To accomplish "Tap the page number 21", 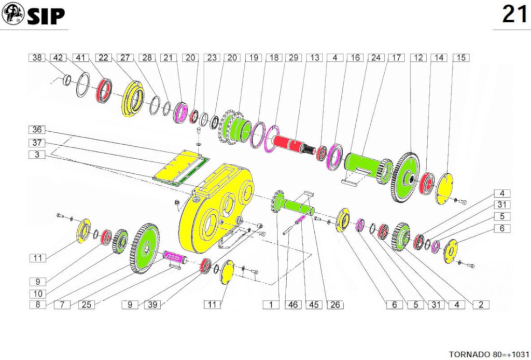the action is point(514,14).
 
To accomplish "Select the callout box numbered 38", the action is point(37,58).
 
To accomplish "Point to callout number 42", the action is point(58,58).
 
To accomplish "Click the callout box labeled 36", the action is point(37,129).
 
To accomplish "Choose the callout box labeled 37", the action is point(37,143).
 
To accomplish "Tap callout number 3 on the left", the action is point(37,155).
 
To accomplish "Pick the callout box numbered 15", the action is point(461,58).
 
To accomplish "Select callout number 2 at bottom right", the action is point(481,304).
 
